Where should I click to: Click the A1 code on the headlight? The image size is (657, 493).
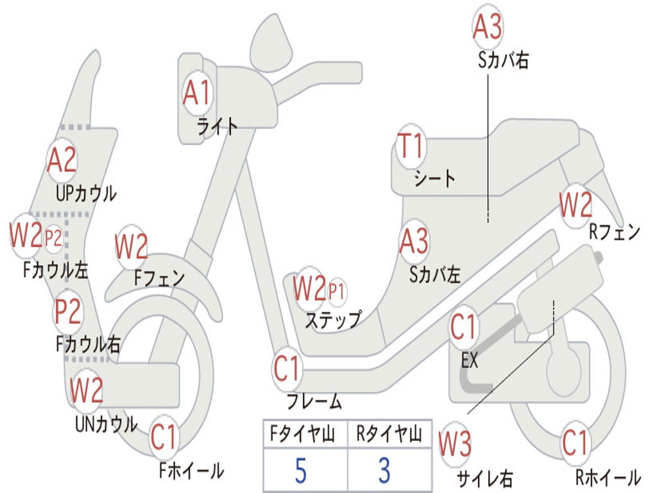coord(196,94)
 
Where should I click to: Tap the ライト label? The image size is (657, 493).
coord(217,126)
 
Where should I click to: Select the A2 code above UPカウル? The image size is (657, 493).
coord(62,160)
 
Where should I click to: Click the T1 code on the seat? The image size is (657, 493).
coord(411,147)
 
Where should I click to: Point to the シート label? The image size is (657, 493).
coord(434,178)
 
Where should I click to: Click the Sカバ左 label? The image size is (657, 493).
coord(435,275)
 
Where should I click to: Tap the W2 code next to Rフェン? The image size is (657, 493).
coord(575,206)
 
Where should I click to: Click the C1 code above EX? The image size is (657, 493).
coord(463,327)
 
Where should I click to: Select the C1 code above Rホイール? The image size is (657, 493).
coord(575,443)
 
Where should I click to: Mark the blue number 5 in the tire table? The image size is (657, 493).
coord(300,471)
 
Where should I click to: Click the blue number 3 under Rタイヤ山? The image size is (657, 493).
coord(384,471)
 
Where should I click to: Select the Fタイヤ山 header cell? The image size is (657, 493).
coord(305,435)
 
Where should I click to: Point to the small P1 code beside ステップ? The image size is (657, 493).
coord(336,291)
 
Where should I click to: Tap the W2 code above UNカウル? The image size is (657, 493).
coord(86,390)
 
